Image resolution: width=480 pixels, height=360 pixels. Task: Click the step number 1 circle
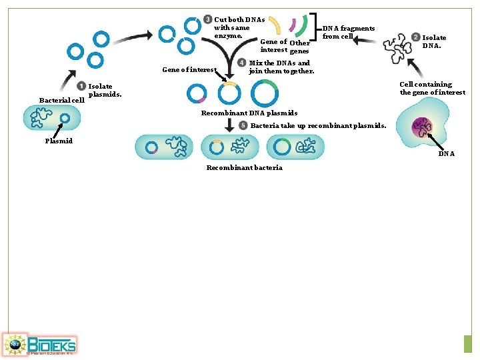click(x=81, y=86)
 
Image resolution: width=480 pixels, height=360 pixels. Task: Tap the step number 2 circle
click(x=416, y=38)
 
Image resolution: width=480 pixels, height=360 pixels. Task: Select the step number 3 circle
click(x=208, y=19)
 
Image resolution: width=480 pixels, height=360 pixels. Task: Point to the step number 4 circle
click(x=242, y=63)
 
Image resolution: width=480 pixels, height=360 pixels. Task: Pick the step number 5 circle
click(x=244, y=125)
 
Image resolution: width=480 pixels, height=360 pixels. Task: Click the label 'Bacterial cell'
click(x=61, y=101)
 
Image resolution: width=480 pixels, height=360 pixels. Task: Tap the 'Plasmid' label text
click(x=59, y=141)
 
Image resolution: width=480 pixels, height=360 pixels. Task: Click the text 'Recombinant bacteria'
click(x=244, y=167)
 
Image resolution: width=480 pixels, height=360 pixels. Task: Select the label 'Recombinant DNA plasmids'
click(x=249, y=113)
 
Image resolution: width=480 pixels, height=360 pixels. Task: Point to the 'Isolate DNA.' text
click(x=434, y=42)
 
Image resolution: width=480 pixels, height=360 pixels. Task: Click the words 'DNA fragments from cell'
click(x=348, y=32)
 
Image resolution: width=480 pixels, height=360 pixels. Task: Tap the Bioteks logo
click(x=39, y=344)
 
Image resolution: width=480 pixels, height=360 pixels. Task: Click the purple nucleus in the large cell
click(x=422, y=127)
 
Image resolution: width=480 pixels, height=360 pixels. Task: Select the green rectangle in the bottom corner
click(x=467, y=343)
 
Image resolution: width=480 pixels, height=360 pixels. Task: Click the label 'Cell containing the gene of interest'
click(x=432, y=89)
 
